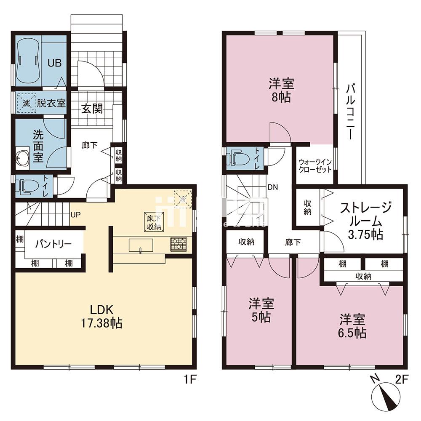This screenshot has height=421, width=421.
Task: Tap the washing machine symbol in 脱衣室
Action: (x=25, y=103)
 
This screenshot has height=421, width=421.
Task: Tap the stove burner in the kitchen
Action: (x=178, y=244)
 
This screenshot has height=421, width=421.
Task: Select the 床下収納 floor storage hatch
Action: (x=154, y=221)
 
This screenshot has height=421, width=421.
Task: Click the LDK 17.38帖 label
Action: (x=101, y=316)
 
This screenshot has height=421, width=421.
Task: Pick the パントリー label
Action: (x=52, y=244)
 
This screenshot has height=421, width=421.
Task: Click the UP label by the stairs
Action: (x=75, y=215)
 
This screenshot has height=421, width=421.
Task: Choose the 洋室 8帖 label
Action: (x=281, y=90)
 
